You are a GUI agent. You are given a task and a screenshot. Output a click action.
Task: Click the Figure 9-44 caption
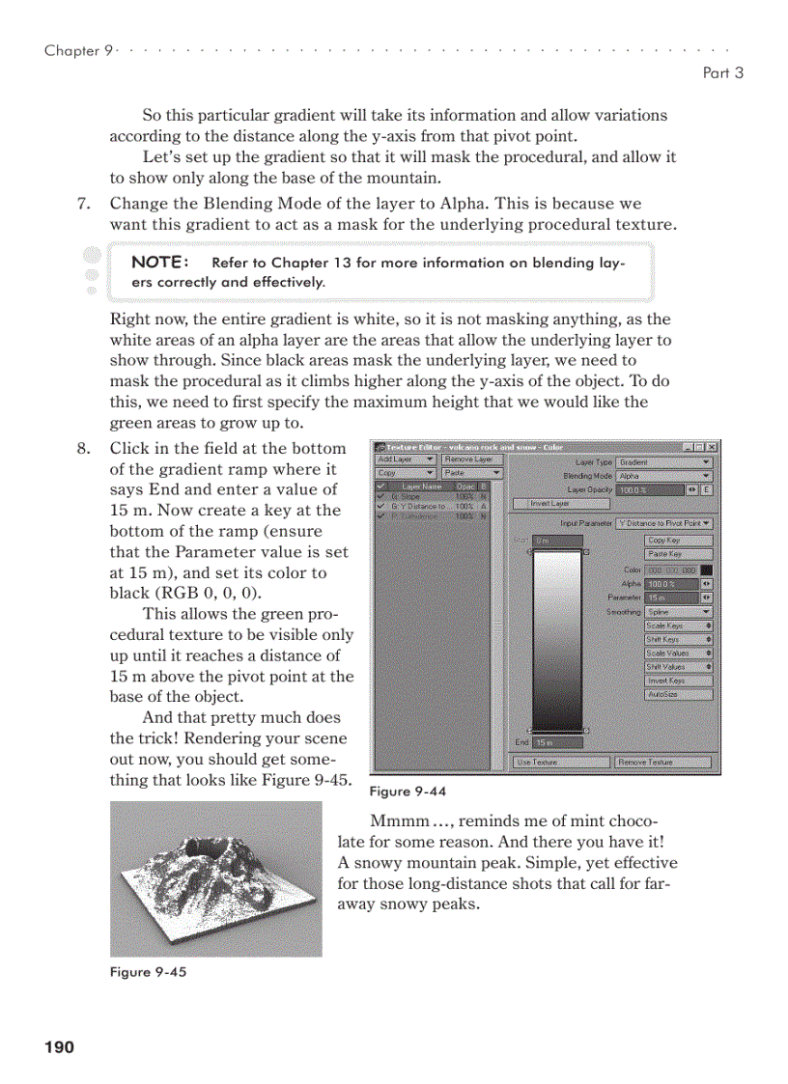tap(408, 792)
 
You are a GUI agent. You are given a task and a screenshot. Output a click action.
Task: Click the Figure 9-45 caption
tap(148, 972)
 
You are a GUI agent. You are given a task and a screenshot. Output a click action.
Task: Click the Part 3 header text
tap(722, 72)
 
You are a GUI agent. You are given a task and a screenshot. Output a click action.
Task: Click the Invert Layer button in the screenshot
tap(549, 504)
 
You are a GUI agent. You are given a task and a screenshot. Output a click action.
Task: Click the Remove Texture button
tap(662, 763)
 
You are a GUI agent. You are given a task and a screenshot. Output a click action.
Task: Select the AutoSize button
tap(679, 694)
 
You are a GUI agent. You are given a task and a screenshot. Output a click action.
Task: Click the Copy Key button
tap(679, 541)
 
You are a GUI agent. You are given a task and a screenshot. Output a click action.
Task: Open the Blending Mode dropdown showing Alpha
tap(664, 476)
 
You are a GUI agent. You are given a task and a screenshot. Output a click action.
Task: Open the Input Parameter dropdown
tap(664, 522)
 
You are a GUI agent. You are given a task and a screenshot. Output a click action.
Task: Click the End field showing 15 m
tap(557, 742)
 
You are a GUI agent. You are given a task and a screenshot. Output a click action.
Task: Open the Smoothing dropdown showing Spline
tap(679, 612)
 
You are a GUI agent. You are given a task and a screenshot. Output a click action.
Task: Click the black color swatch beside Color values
tap(707, 570)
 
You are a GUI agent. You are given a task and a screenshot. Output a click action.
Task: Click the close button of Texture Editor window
tap(713, 448)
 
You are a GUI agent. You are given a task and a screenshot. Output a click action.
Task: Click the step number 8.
tap(83, 449)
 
